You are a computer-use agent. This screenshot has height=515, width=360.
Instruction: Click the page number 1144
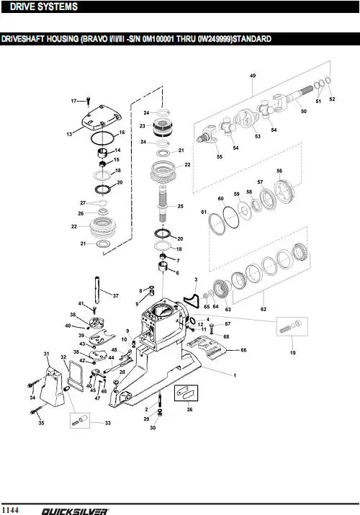coord(9,510)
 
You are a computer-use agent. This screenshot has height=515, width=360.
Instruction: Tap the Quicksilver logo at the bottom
coord(74,511)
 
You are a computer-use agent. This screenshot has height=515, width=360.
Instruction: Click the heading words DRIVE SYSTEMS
coord(44,6)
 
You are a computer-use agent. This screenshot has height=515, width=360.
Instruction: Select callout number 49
coord(253,76)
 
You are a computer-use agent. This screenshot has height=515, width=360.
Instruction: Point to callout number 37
coord(115,295)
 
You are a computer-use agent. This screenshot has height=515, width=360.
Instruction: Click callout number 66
coord(243,350)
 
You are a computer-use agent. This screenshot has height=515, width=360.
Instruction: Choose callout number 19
coord(293,352)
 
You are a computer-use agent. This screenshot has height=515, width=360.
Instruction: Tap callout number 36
coord(189,410)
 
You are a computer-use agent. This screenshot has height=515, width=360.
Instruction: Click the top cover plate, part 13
coord(102,118)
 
